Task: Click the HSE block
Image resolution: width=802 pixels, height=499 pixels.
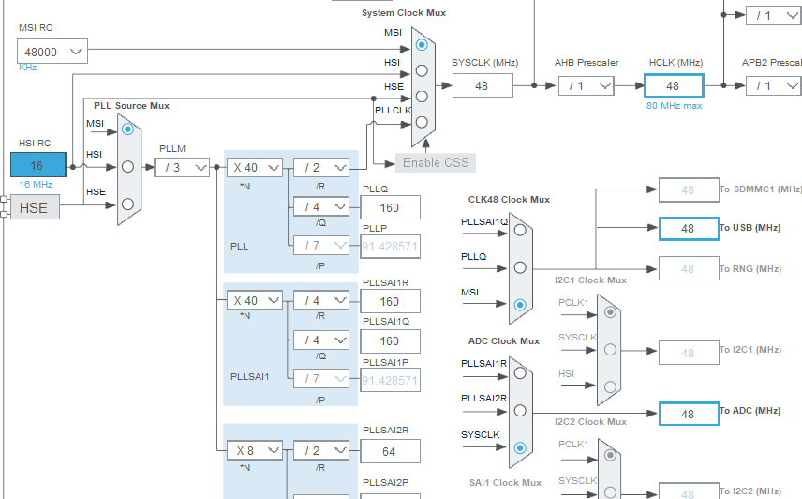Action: pyautogui.click(x=35, y=207)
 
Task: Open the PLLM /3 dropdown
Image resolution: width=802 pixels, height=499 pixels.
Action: pyautogui.click(x=182, y=167)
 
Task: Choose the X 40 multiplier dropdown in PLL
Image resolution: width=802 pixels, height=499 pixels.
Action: pyautogui.click(x=254, y=167)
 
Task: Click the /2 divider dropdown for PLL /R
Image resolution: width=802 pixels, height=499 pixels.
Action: pyautogui.click(x=321, y=167)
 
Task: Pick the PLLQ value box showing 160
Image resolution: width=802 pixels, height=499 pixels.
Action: pyautogui.click(x=389, y=207)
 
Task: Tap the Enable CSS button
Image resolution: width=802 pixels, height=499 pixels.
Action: pyautogui.click(x=436, y=162)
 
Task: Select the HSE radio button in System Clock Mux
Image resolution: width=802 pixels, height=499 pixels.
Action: pyautogui.click(x=422, y=96)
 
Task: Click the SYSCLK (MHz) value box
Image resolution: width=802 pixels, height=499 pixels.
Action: pyautogui.click(x=483, y=85)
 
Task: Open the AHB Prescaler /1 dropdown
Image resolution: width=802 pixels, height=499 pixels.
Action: pyautogui.click(x=586, y=85)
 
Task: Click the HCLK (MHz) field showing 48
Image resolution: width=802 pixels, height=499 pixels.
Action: pyautogui.click(x=673, y=85)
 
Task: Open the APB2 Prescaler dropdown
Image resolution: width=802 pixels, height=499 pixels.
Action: pyautogui.click(x=773, y=85)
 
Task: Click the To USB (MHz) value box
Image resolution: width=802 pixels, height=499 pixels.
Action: pyautogui.click(x=688, y=228)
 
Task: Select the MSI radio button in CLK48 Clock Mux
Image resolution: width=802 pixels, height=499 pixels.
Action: pyautogui.click(x=519, y=304)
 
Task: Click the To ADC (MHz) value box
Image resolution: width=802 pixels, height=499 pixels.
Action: pyautogui.click(x=688, y=414)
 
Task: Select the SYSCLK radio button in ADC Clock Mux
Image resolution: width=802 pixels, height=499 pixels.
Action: pyautogui.click(x=519, y=447)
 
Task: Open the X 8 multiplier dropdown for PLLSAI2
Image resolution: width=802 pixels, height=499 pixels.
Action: pyautogui.click(x=254, y=450)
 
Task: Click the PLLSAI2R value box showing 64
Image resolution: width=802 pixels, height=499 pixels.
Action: pyautogui.click(x=389, y=451)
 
